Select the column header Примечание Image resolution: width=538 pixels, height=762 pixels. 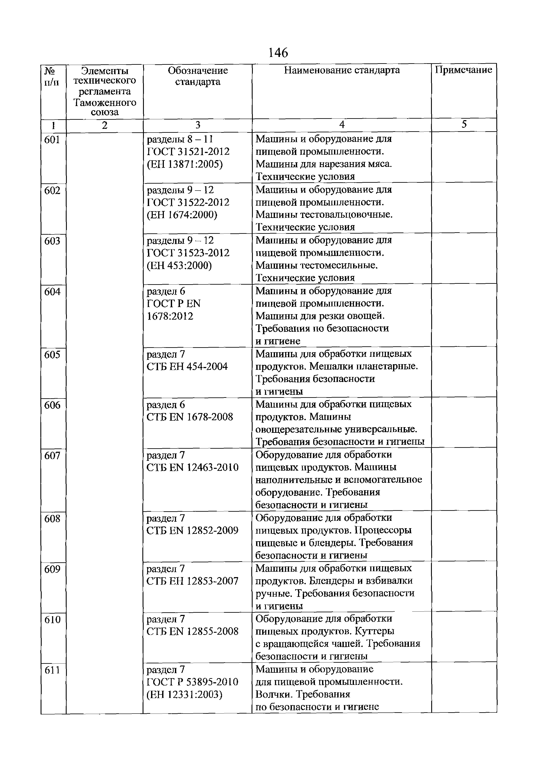point(463,70)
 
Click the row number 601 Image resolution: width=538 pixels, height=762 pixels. point(52,140)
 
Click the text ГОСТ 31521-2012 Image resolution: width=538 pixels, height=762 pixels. point(188,152)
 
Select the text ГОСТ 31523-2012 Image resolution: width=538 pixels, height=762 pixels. point(188,253)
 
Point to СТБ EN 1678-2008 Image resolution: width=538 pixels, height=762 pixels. point(190,417)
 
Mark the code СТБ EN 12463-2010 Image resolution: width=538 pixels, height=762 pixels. point(192,468)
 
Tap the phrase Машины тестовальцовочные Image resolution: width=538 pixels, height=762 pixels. point(324,215)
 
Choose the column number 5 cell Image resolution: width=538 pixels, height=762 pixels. point(464,125)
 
